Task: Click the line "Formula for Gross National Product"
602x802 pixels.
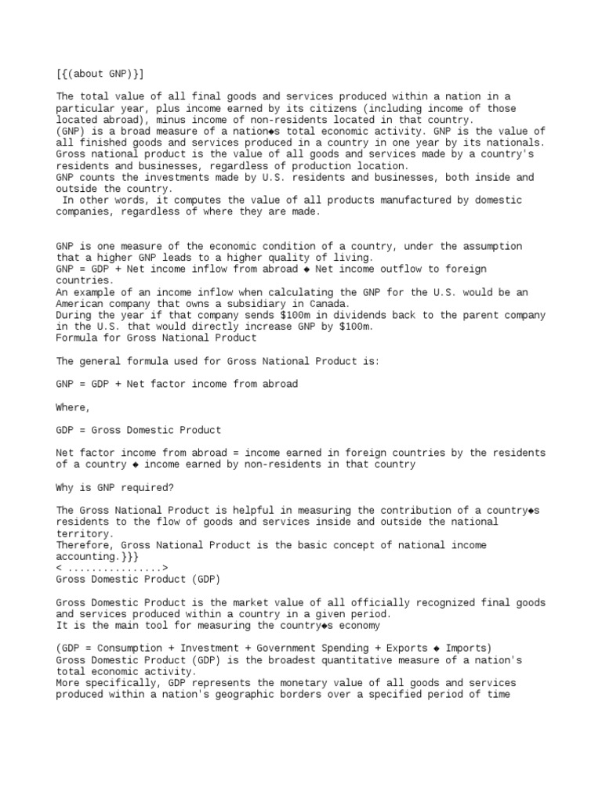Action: point(156,338)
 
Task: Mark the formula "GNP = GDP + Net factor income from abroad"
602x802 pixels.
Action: point(177,384)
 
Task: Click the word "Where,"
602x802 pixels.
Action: point(74,407)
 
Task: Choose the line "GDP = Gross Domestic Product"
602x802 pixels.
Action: point(139,430)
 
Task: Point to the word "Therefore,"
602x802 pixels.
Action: point(85,545)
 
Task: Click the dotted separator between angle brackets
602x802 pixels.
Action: point(112,568)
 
